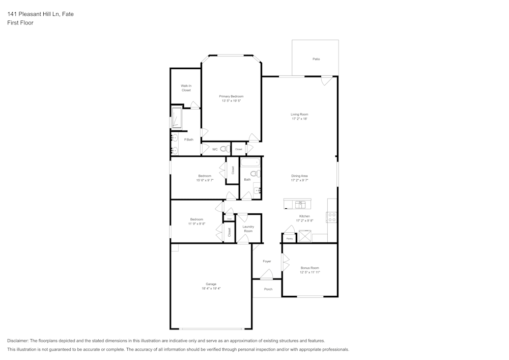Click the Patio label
click(316, 59)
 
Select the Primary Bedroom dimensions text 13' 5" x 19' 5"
click(231, 101)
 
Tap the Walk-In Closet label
click(186, 88)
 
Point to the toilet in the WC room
click(224, 149)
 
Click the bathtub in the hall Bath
click(250, 163)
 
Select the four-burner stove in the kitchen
click(332, 217)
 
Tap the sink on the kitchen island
click(300, 205)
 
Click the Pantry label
click(289, 238)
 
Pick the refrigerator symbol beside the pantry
click(305, 236)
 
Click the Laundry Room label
click(248, 229)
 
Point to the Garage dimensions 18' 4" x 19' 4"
click(211, 289)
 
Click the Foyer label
click(267, 261)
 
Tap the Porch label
click(268, 289)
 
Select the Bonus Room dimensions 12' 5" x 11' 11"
click(309, 272)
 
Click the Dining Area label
click(299, 176)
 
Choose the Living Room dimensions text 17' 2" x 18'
click(299, 119)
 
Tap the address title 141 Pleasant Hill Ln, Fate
click(40, 14)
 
